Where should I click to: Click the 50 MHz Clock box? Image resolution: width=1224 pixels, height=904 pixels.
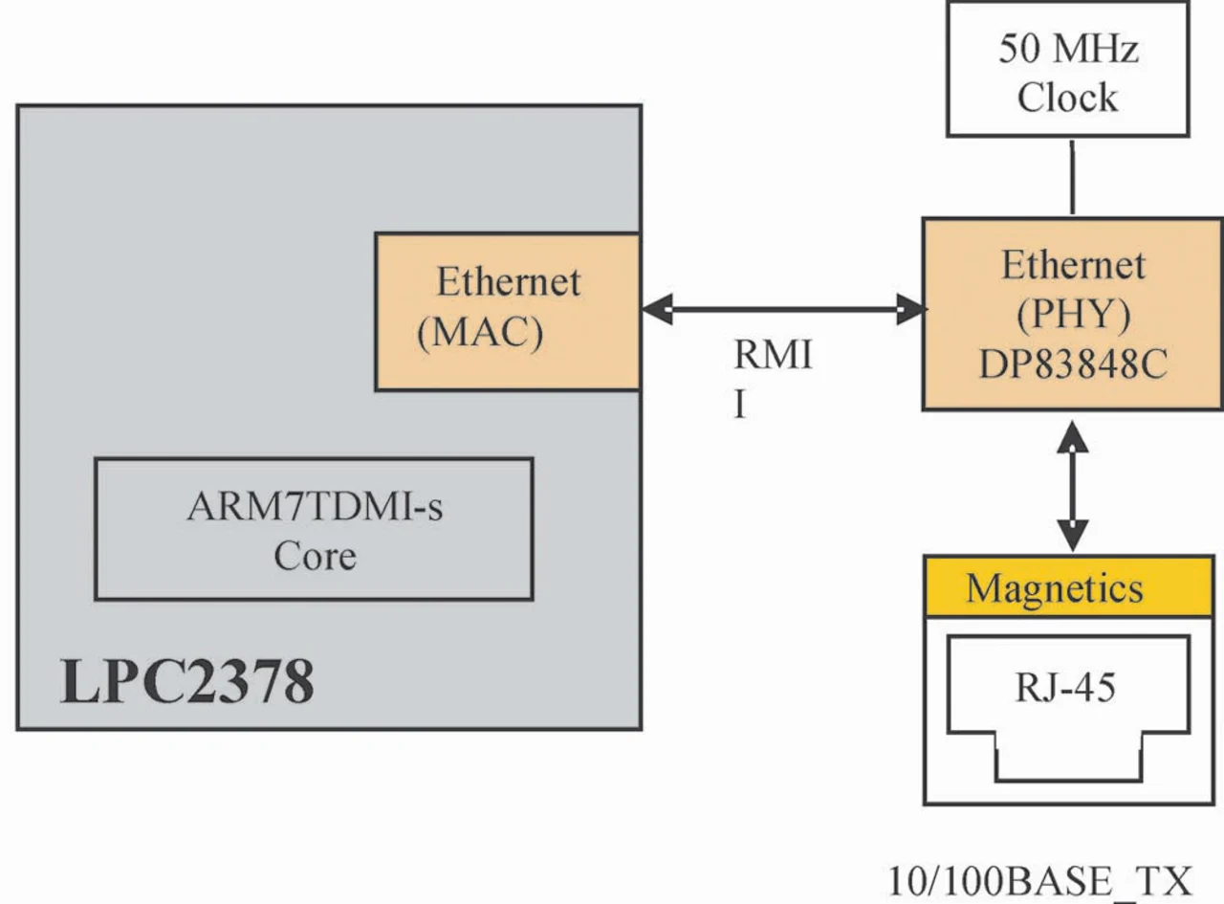[1067, 69]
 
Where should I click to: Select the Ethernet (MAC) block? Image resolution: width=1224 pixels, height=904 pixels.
[507, 311]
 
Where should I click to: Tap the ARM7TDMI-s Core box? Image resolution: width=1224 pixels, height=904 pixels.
[314, 529]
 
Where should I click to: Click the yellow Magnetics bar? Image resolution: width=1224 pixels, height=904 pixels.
[1067, 586]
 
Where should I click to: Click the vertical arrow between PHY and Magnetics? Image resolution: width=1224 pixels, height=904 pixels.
[1072, 483]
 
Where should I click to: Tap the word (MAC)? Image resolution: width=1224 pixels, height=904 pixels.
[480, 332]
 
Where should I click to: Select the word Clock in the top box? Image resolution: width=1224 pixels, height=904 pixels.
[1067, 97]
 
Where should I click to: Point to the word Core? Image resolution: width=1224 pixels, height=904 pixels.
[315, 556]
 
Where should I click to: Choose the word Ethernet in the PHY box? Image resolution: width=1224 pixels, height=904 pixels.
[1073, 265]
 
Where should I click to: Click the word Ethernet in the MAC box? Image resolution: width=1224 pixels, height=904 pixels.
[508, 282]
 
